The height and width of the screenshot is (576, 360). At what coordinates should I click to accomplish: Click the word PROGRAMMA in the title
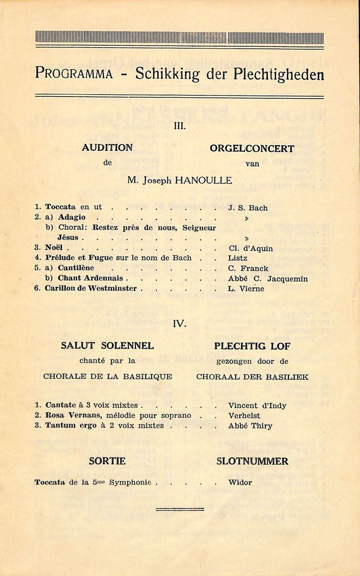(74, 74)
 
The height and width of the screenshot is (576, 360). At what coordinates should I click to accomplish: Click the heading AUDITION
(107, 148)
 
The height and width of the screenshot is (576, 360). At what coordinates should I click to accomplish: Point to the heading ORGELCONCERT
(252, 148)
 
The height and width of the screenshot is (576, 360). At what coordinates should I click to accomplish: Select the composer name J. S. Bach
(248, 208)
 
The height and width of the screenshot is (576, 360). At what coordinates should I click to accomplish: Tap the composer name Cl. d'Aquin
(250, 248)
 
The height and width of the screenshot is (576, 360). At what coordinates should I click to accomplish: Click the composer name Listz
(238, 258)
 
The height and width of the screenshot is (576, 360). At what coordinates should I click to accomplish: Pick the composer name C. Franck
(248, 269)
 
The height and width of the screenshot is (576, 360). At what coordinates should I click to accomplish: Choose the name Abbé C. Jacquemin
(268, 279)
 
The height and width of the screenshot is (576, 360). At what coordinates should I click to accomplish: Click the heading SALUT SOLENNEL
(108, 345)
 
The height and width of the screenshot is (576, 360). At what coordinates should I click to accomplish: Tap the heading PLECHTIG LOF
(252, 346)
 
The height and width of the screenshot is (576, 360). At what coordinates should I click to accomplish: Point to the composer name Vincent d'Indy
(257, 405)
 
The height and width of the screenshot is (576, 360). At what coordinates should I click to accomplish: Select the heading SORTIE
(108, 461)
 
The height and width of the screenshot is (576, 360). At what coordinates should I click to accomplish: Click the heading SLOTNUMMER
(252, 461)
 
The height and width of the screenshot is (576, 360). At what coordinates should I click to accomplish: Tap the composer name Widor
(240, 482)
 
